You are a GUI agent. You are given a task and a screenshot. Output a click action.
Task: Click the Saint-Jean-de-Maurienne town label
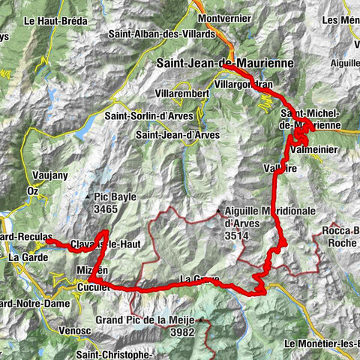pyautogui.click(x=214, y=64)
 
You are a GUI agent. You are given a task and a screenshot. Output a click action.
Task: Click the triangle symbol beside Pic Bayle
pyautogui.click(x=89, y=198)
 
